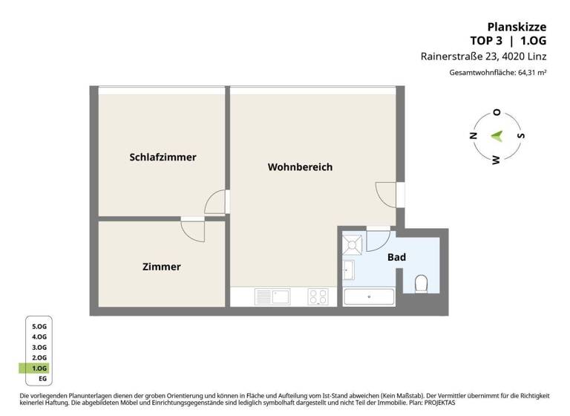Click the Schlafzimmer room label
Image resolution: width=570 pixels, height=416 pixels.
pyautogui.click(x=163, y=157)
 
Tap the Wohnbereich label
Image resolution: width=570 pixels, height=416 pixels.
pyautogui.click(x=300, y=166)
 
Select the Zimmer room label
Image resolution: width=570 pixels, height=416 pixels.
pyautogui.click(x=161, y=266)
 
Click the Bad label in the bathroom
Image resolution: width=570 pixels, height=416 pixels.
pyautogui.click(x=396, y=257)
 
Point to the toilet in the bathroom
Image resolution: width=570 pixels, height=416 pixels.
pyautogui.click(x=422, y=283)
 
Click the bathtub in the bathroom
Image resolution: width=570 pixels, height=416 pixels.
pyautogui.click(x=370, y=298)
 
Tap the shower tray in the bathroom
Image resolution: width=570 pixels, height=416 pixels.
pyautogui.click(x=352, y=242)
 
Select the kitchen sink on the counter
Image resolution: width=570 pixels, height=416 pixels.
pyautogui.click(x=272, y=297)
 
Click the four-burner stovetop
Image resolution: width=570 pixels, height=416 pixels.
pyautogui.click(x=318, y=297)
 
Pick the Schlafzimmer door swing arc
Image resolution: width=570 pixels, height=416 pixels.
pyautogui.click(x=215, y=203)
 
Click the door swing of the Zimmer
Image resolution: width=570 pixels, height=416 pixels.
pyautogui.click(x=193, y=229)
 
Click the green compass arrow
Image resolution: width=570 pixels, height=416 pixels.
pyautogui.click(x=498, y=136)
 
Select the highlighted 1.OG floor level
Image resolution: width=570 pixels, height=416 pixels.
pyautogui.click(x=39, y=368)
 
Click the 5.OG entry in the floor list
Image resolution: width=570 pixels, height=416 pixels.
pyautogui.click(x=39, y=326)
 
